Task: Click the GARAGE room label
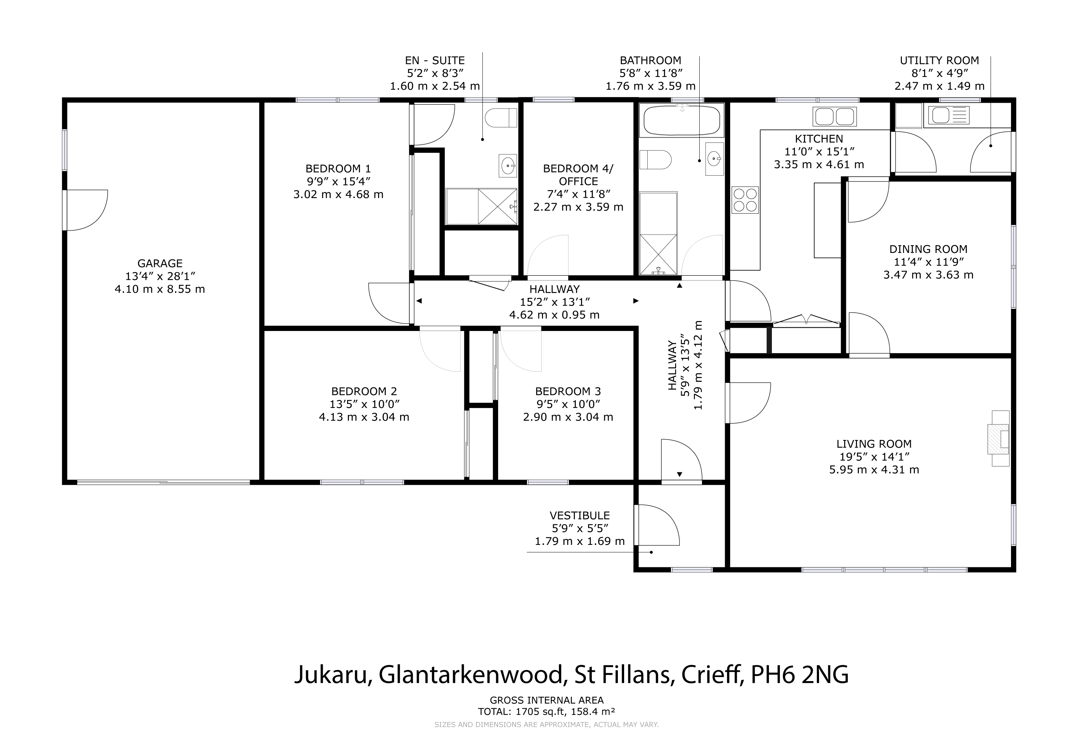[x=160, y=263]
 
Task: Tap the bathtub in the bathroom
[x=682, y=120]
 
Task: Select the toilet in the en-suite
[x=501, y=117]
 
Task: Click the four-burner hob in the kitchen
[x=745, y=200]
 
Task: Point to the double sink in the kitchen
[x=835, y=116]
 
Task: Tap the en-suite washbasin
[x=508, y=165]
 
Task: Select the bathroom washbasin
[x=714, y=159]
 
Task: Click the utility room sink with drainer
[x=946, y=115]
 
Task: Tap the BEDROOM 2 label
[x=364, y=391]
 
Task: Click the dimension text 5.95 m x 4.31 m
[x=874, y=469]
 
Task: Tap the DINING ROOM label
[x=928, y=249]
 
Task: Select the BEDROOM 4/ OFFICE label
[x=578, y=175]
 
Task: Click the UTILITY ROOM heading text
[x=939, y=60]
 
